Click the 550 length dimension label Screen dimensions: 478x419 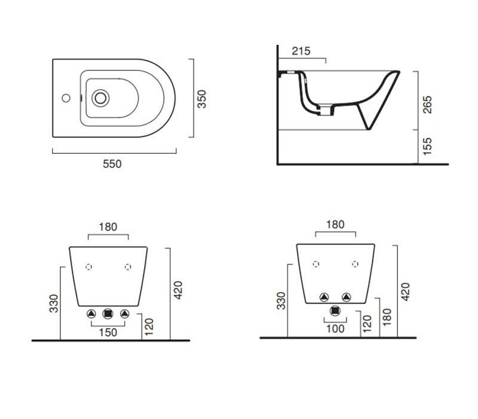(112, 164)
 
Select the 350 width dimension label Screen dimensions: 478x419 (202, 99)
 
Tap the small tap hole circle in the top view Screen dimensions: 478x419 (66, 98)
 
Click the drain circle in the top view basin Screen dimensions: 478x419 (100, 98)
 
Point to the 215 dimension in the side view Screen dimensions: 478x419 (301, 51)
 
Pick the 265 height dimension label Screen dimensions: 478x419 (428, 104)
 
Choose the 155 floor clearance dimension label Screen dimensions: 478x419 (428, 146)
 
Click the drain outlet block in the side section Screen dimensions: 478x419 (326, 110)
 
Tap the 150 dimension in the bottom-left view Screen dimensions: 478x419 (108, 332)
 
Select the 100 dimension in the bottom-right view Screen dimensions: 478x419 (335, 329)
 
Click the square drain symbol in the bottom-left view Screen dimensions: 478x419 (108, 314)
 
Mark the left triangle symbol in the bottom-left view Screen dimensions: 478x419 (91, 314)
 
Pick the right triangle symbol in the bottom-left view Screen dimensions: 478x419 (125, 314)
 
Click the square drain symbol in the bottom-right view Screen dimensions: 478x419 (335, 311)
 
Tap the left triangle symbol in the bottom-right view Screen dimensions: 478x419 (324, 297)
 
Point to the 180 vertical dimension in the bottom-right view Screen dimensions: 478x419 (387, 317)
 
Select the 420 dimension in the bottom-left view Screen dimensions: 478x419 (177, 290)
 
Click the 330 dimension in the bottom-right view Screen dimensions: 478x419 (281, 301)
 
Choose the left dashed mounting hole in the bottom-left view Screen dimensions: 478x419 (88, 267)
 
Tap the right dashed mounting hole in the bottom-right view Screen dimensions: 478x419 (355, 264)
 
